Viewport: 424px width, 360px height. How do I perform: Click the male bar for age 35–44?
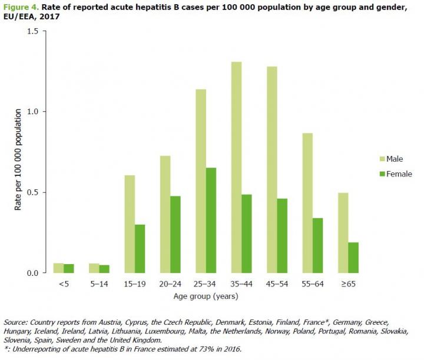220,167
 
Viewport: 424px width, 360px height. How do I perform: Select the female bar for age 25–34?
211,220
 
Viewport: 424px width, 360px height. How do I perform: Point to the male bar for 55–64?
307,203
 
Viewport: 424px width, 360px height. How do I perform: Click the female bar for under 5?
69,268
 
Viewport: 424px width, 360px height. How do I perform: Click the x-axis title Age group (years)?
206,296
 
